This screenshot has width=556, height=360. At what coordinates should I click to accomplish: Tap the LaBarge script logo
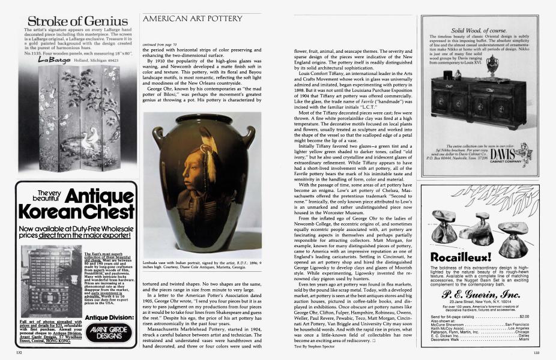pyautogui.click(x=50, y=59)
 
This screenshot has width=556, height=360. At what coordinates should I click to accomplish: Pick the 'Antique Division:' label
pyautogui.click(x=106, y=317)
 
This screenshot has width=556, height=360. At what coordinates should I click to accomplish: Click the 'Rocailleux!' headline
pyautogui.click(x=461, y=257)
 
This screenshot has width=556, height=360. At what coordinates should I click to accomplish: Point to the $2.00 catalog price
pyautogui.click(x=524, y=316)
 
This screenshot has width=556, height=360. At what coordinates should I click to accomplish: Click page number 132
pyautogui.click(x=19, y=352)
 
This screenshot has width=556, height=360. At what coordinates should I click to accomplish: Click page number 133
pyautogui.click(x=536, y=352)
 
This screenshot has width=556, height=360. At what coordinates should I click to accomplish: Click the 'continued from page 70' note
pyautogui.click(x=158, y=44)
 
